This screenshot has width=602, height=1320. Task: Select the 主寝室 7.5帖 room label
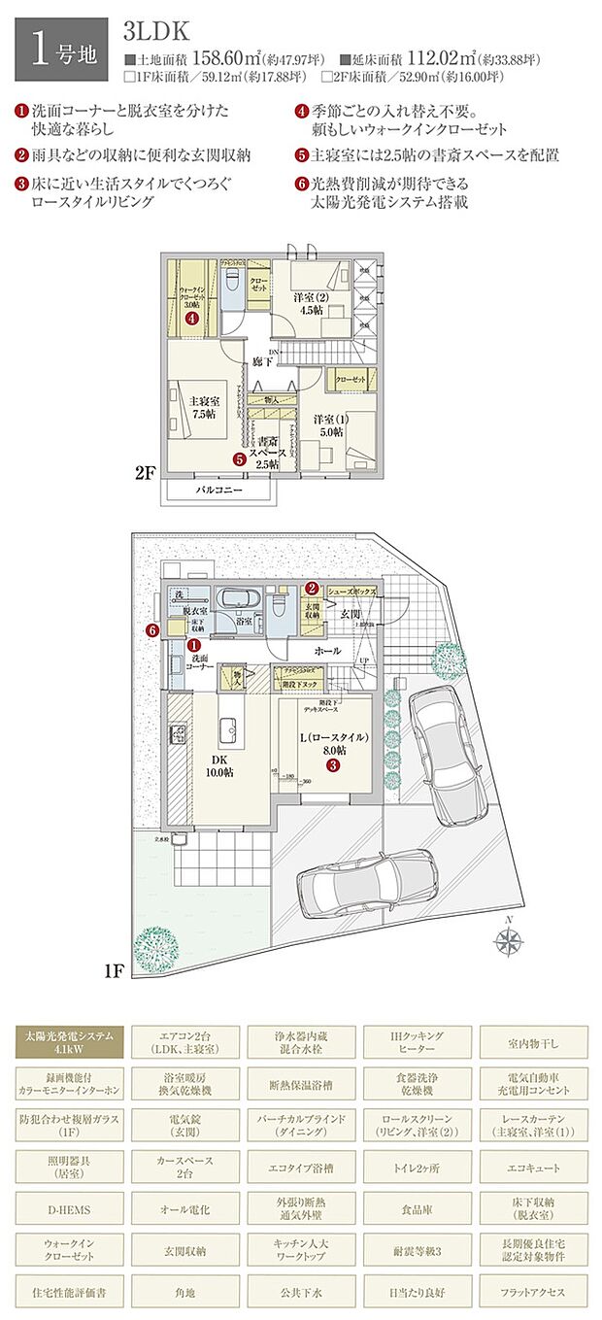pyautogui.click(x=202, y=406)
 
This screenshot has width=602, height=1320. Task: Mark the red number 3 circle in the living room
pyautogui.click(x=333, y=765)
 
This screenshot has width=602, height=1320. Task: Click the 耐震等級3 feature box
pyautogui.click(x=418, y=1252)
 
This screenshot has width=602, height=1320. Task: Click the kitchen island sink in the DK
pyautogui.click(x=228, y=728)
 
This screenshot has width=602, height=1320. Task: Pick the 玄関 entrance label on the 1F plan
pyautogui.click(x=350, y=613)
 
